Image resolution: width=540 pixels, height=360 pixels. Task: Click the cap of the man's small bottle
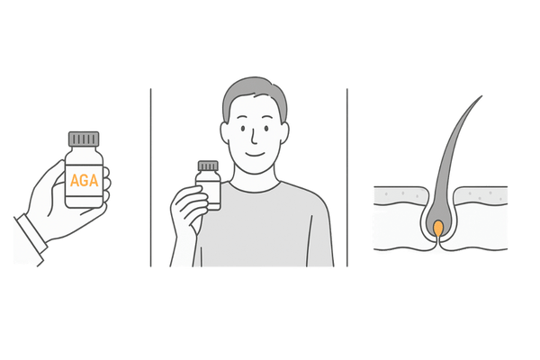[208, 166]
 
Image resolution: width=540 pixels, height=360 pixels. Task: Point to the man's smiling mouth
[257, 152]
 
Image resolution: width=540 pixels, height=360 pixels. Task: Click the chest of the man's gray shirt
[270, 225]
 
